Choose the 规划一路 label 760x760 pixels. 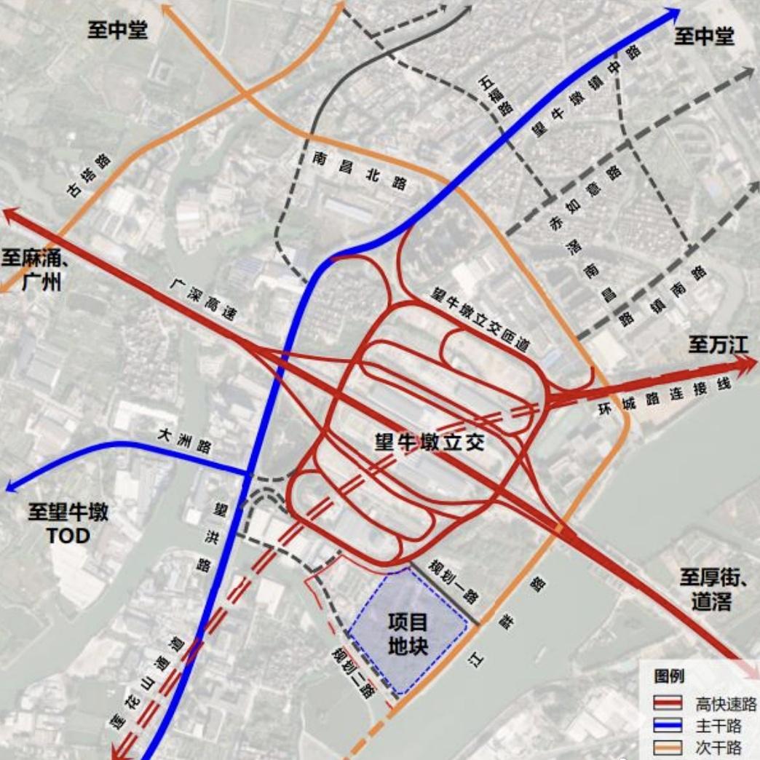(x=452, y=580)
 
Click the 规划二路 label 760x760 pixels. (x=352, y=671)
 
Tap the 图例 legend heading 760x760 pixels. (x=668, y=676)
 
